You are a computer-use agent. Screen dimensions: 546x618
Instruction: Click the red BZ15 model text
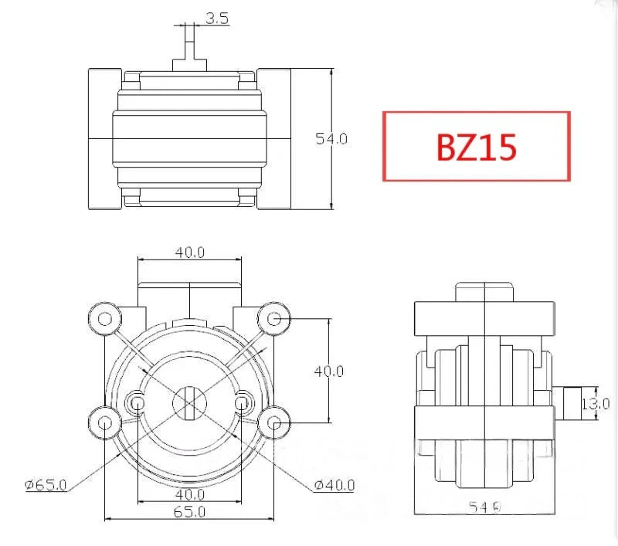point(476,147)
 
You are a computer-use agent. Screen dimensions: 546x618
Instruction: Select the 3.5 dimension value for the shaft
point(217,19)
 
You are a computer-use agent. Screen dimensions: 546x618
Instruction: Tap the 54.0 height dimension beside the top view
point(331,139)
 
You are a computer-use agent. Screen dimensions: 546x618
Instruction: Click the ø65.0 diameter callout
point(46,485)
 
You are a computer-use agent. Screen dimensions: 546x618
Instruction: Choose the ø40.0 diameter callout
point(334,485)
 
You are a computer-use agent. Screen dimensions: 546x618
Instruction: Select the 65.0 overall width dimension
point(189,511)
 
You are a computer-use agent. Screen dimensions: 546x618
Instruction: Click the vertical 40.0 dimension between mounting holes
point(328,371)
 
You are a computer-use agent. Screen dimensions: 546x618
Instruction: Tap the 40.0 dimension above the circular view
point(189,252)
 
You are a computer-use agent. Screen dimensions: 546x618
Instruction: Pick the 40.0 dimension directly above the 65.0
point(189,493)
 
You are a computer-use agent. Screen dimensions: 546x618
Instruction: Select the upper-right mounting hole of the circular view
point(273,316)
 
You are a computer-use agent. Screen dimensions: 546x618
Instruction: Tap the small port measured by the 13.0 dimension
point(569,403)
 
